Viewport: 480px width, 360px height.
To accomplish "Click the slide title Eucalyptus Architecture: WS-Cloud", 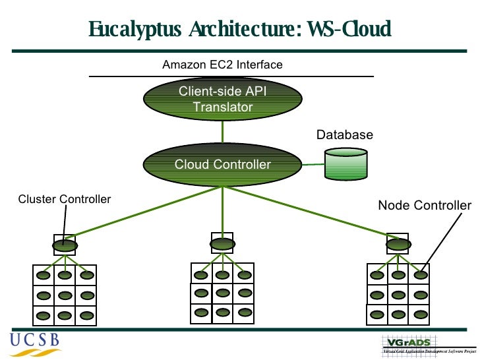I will point(240,30).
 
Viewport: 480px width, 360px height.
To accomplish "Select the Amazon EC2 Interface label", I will point(222,65).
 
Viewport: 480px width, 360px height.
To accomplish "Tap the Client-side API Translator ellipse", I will point(222,99).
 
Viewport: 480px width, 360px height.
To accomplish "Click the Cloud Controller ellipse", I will point(222,164).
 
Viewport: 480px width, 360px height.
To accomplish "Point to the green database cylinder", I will point(346,164).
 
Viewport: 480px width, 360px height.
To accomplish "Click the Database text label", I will point(344,135).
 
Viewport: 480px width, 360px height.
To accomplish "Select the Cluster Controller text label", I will point(64,199).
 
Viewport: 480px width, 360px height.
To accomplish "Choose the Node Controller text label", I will point(424,206).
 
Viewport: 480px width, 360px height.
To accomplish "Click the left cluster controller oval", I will point(64,245).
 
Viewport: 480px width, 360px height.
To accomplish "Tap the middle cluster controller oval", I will point(221,244).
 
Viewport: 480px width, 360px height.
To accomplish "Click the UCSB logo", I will point(34,341).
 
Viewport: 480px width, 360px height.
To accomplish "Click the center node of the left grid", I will point(65,295).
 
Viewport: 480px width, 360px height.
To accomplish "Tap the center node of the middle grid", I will point(222,293).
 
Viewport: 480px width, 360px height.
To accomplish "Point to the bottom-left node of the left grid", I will point(43,315).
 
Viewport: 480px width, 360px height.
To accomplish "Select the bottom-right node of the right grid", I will point(421,315).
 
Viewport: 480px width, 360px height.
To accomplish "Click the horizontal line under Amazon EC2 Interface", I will point(231,76).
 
